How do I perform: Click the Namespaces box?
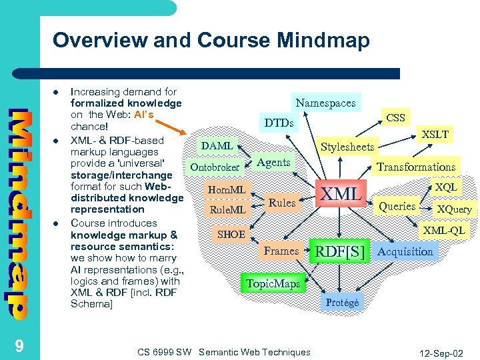[x=326, y=103]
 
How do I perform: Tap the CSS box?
[x=395, y=118]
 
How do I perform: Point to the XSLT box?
[x=435, y=135]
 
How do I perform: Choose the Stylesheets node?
[x=347, y=147]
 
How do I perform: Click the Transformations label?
[x=416, y=167]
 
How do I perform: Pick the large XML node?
[x=341, y=195]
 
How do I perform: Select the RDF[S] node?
[x=340, y=251]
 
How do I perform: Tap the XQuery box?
[x=454, y=209]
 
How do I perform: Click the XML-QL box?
[x=445, y=231]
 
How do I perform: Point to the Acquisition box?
[x=405, y=251]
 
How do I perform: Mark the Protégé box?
[x=342, y=303]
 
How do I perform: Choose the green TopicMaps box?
[x=273, y=284]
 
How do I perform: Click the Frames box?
[x=281, y=251]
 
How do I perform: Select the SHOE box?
[x=231, y=235]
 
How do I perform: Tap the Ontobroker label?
[x=215, y=167]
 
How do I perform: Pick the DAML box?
[x=217, y=146]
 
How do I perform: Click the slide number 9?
[x=19, y=345]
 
